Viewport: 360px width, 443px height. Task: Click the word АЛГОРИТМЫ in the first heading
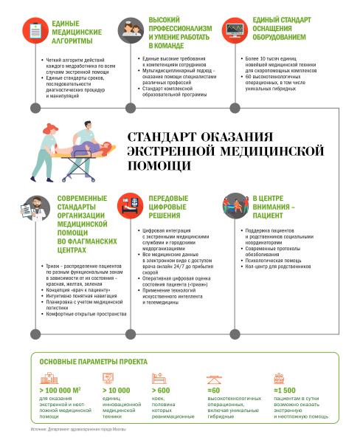point(72,42)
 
